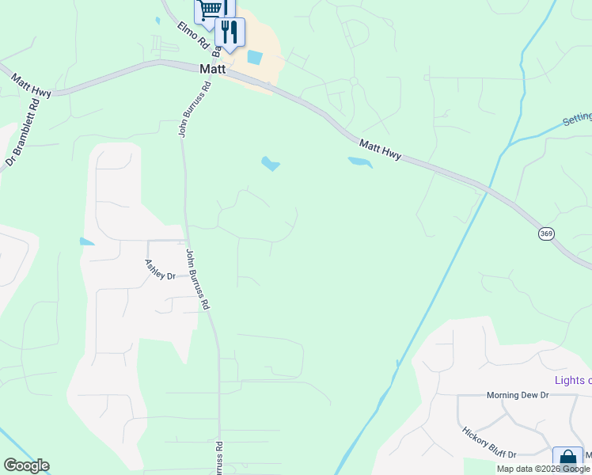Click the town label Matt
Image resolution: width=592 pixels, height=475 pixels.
(x=213, y=70)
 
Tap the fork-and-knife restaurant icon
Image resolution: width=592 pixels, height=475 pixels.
(x=230, y=32)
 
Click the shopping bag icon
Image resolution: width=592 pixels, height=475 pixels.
(x=567, y=460)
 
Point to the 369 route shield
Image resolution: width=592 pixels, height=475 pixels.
(x=546, y=234)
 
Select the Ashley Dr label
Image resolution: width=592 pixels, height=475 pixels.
(x=160, y=270)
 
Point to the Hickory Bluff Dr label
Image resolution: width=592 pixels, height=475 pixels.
(x=488, y=442)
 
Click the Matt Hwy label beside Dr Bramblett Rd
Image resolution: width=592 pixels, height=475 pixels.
(x=31, y=85)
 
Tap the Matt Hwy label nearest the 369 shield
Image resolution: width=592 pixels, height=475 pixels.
(x=380, y=150)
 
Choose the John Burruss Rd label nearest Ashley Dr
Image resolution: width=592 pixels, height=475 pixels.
(x=198, y=279)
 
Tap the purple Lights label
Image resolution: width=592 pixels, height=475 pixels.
(x=573, y=380)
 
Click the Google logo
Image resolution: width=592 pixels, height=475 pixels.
(x=26, y=465)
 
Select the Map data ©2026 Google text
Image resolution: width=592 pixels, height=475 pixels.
(x=543, y=469)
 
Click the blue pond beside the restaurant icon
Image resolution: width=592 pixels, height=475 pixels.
(x=255, y=57)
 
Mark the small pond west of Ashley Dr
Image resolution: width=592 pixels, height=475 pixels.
(x=86, y=241)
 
